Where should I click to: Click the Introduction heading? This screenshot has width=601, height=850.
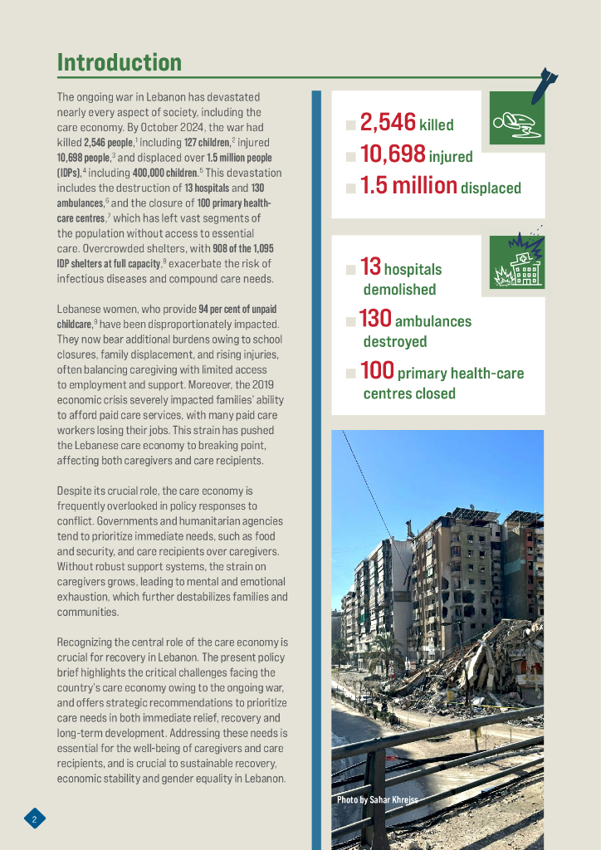point(119,63)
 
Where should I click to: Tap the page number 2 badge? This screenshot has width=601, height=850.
point(34,819)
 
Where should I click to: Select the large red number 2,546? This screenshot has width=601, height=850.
point(388,123)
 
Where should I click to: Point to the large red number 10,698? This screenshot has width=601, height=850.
point(393,154)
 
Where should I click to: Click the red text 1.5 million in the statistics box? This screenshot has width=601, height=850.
point(408,186)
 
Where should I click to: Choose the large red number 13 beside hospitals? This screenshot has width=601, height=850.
point(370,266)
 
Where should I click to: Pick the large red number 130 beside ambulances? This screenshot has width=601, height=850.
point(375,319)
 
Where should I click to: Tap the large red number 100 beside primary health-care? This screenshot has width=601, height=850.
point(378,371)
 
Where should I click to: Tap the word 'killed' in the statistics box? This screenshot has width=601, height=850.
point(437,125)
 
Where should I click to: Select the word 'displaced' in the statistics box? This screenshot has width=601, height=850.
point(491,188)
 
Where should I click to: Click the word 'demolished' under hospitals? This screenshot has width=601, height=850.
point(399,290)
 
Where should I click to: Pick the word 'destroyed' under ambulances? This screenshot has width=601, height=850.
point(395,342)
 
